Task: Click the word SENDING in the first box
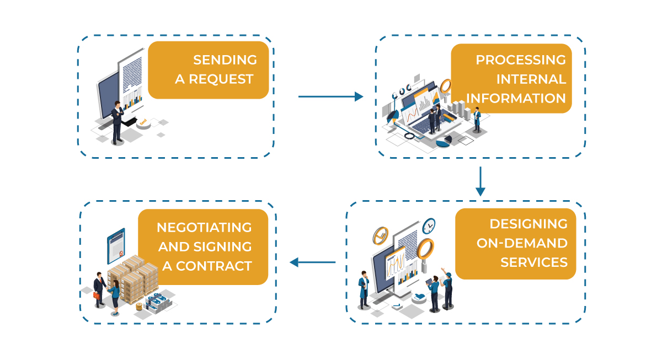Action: click(225, 60)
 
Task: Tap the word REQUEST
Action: click(221, 79)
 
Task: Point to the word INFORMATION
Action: click(516, 98)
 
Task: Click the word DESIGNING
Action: click(528, 224)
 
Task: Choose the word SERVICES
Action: click(533, 262)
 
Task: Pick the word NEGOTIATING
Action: click(204, 227)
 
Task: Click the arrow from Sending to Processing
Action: click(330, 96)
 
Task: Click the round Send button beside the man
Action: click(143, 123)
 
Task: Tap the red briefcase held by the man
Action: click(98, 295)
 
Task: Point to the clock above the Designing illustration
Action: click(429, 225)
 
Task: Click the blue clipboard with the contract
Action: click(116, 246)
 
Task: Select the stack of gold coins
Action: click(138, 306)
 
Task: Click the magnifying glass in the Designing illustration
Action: click(425, 250)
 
